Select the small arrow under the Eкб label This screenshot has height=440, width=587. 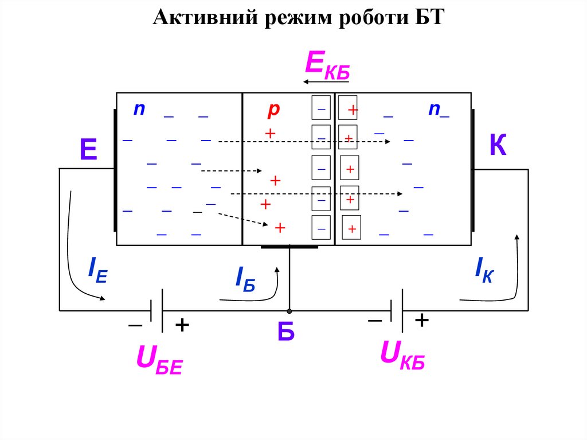point(326,82)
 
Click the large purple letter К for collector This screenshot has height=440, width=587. point(498,146)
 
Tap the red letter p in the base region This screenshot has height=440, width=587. point(273,109)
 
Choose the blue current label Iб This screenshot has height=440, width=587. point(245,279)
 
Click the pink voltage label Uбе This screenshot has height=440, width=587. point(159,360)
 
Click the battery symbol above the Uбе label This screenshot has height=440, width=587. point(156,311)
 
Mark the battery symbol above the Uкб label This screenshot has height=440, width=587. point(396,311)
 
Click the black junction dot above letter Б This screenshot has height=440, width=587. point(289,311)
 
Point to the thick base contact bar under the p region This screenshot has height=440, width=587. point(289,247)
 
